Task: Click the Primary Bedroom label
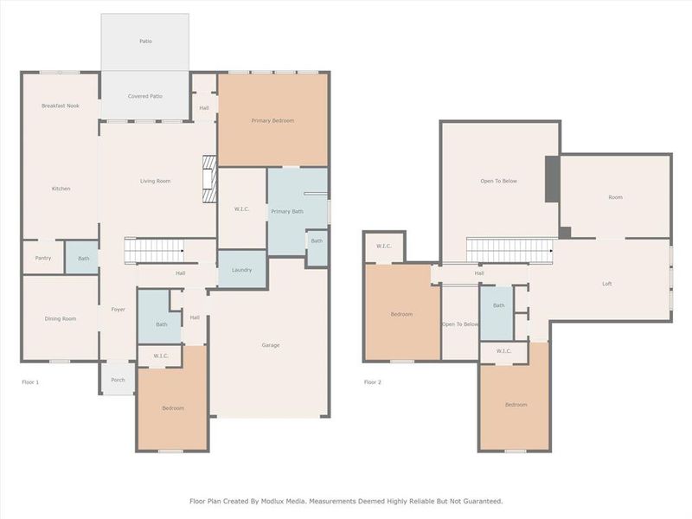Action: [x=272, y=120]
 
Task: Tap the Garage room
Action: [x=270, y=345]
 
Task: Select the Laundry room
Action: [x=241, y=270]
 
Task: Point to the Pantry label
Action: [x=43, y=258]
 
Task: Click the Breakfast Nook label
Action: [x=60, y=106]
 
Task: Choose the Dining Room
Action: [x=61, y=318]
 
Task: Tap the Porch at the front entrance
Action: [x=118, y=380]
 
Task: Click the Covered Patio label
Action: [x=145, y=96]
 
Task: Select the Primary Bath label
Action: [x=286, y=211]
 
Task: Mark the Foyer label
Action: [x=118, y=309]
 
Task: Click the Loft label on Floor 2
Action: [x=607, y=284]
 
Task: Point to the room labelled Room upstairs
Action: [x=615, y=197]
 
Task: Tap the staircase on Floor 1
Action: [x=155, y=252]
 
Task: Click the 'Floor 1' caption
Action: [x=30, y=381]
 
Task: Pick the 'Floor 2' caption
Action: [x=372, y=381]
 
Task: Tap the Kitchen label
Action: [x=61, y=189]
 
